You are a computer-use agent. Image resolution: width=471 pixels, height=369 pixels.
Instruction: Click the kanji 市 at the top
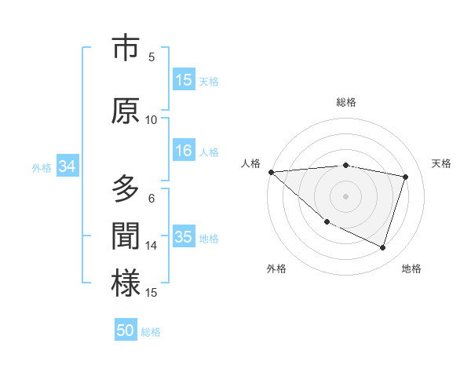coord(126,49)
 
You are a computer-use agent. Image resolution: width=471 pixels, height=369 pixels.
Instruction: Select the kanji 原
coord(126,111)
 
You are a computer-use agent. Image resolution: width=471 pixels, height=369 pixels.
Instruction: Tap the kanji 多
coord(126,189)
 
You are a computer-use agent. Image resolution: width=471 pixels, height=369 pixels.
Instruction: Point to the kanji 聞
coord(126,236)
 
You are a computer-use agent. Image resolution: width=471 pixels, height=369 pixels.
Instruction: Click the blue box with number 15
coord(184,80)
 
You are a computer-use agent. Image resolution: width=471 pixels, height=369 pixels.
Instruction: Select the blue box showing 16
coord(184,152)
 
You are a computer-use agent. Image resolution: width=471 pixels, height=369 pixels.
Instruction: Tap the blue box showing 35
coord(184,237)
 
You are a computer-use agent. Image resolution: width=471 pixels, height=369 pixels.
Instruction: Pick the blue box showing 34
coord(67,166)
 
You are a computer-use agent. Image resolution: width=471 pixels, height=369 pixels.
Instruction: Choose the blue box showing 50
coord(126,331)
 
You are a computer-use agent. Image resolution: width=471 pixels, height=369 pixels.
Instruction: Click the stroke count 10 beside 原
coord(152,120)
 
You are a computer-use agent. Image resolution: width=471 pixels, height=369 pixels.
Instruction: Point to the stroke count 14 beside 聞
coord(152,246)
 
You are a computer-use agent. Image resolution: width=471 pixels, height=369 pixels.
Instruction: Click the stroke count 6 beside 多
coord(152,199)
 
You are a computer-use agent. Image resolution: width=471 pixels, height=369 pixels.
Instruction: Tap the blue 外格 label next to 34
coord(42,167)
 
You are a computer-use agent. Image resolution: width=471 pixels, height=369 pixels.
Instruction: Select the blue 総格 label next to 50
coord(151,331)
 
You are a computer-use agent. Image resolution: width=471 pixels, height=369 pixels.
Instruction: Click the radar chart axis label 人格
coord(251,163)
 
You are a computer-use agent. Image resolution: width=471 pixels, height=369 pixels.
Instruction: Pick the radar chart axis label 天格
coord(442,163)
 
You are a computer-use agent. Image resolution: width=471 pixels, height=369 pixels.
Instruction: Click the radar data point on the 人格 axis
coord(271,172)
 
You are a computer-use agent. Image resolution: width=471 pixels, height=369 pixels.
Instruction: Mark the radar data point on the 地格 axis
coord(383,248)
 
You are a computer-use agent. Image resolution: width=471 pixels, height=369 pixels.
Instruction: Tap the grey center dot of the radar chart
coord(346,195)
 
